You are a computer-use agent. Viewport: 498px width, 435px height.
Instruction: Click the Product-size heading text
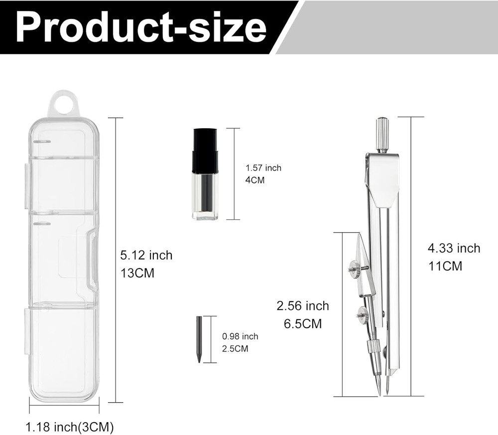coord(141,27)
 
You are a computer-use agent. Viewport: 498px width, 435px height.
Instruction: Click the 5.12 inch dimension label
coord(146,255)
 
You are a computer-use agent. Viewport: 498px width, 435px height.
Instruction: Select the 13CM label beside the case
coord(137,273)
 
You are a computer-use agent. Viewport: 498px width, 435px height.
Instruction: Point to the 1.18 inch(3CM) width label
coord(69,427)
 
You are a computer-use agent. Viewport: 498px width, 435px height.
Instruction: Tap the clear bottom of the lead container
coord(205,196)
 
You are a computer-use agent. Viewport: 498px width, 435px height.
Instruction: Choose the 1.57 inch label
coord(263,168)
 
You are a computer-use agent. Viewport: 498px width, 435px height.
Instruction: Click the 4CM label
coord(254,180)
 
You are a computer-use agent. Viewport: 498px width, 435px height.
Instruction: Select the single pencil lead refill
coord(199,339)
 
